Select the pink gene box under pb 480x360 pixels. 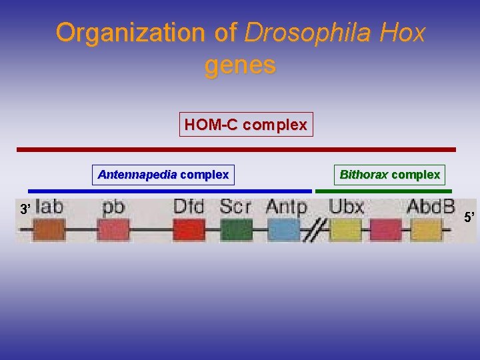[x=113, y=230]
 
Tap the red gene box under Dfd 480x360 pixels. [x=189, y=230]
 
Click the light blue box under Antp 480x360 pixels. [x=284, y=230]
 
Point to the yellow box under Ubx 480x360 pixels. [x=345, y=230]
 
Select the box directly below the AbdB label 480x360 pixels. [x=427, y=230]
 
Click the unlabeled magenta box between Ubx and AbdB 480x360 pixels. [x=385, y=230]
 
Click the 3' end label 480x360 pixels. [x=25, y=209]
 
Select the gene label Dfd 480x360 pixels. [x=189, y=207]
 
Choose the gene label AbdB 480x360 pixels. [x=430, y=207]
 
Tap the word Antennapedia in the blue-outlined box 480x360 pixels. [x=137, y=175]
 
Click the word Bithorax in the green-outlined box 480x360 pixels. [x=364, y=175]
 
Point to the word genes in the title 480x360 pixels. [x=240, y=65]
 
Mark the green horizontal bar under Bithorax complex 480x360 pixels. [x=383, y=191]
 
